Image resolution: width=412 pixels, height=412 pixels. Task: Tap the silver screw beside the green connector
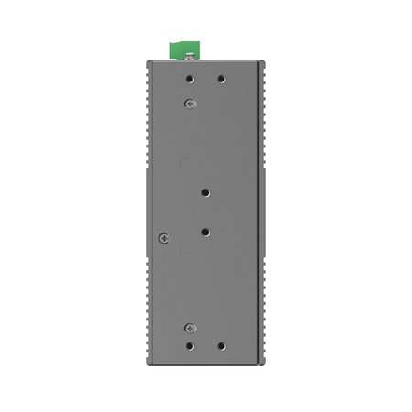pyautogui.click(x=190, y=57)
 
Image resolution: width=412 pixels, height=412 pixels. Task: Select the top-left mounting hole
pyautogui.click(x=190, y=79)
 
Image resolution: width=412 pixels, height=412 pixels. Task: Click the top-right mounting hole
pyautogui.click(x=221, y=79)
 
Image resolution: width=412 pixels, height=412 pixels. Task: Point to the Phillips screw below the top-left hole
pyautogui.click(x=190, y=103)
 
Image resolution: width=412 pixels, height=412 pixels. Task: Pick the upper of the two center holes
pyautogui.click(x=206, y=193)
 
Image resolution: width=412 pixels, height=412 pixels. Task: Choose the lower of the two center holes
pyautogui.click(x=206, y=233)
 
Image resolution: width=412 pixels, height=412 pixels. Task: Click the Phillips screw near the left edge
pyautogui.click(x=164, y=238)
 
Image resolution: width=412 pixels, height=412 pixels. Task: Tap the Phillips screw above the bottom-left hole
pyautogui.click(x=190, y=328)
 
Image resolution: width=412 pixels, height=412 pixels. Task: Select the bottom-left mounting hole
pyautogui.click(x=190, y=347)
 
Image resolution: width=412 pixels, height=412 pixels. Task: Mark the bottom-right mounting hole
pyautogui.click(x=221, y=347)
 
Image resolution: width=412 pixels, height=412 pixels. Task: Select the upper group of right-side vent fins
pyautogui.click(x=264, y=114)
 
